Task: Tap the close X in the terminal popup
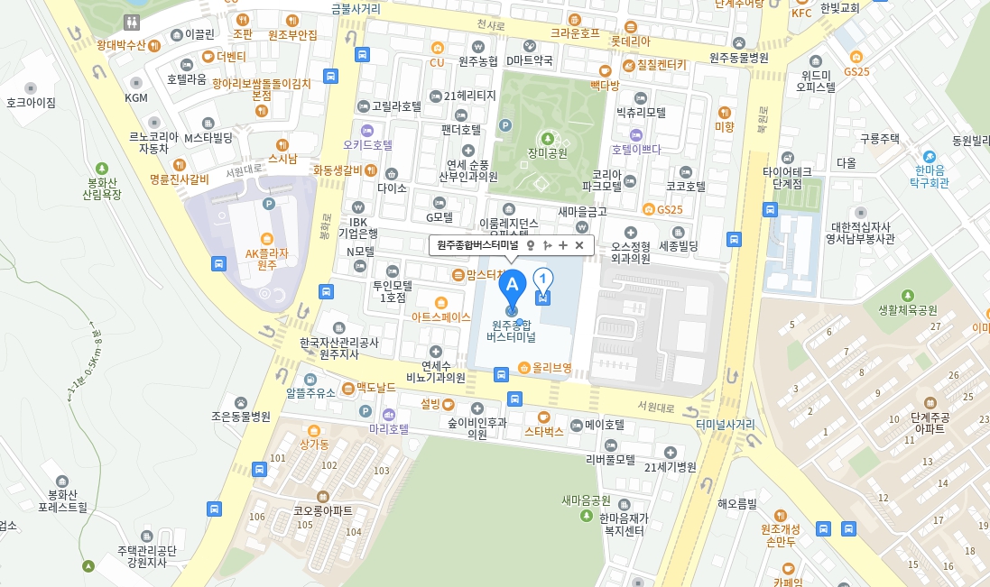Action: click(x=579, y=244)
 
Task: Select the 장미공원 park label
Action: click(x=547, y=152)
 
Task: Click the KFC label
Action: click(x=801, y=13)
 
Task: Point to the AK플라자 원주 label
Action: click(x=266, y=259)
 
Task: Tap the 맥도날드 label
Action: click(x=375, y=387)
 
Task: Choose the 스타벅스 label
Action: click(x=544, y=431)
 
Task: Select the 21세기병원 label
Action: click(x=671, y=466)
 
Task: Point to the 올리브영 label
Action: click(x=551, y=367)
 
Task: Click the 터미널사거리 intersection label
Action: click(x=726, y=424)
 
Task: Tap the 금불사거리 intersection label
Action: click(x=356, y=9)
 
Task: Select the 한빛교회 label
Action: click(x=840, y=8)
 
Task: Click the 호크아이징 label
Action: click(x=31, y=103)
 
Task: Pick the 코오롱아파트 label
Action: click(x=323, y=510)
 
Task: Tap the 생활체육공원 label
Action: click(x=908, y=309)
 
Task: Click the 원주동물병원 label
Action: click(x=738, y=58)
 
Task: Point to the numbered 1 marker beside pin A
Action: click(x=543, y=279)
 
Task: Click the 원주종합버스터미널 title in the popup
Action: click(x=477, y=244)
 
